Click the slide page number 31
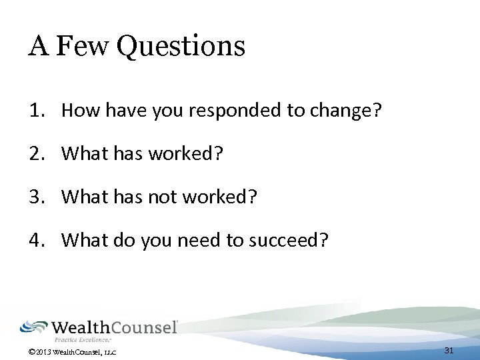449,351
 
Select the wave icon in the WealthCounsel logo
33,327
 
